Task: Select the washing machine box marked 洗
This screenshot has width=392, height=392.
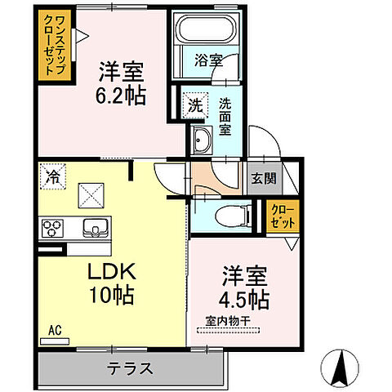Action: click(196, 105)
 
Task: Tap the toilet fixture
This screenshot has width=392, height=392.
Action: click(233, 217)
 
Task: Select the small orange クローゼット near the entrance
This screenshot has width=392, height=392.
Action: click(285, 216)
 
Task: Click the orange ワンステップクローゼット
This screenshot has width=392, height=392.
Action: click(55, 45)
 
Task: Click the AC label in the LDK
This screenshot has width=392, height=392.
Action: click(55, 330)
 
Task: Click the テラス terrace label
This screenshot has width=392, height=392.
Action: click(130, 367)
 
